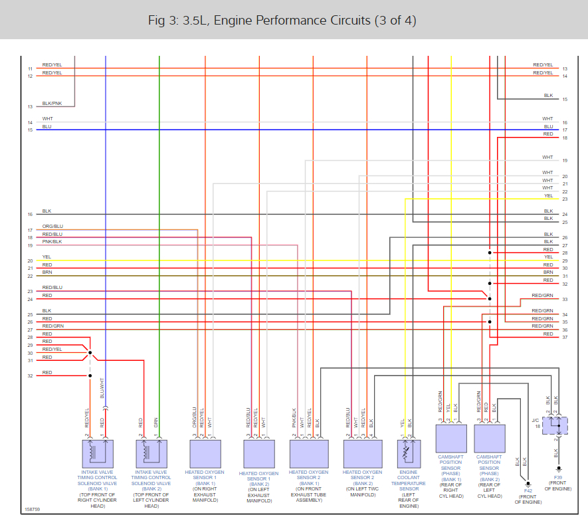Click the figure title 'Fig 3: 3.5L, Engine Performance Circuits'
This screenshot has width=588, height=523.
[282, 20]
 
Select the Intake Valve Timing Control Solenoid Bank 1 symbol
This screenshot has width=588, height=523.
[98, 453]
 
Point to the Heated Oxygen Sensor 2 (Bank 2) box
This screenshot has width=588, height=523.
[363, 453]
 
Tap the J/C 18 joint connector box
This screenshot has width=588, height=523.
[557, 425]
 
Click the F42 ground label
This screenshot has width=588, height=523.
[528, 490]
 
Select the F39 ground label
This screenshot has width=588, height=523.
[557, 478]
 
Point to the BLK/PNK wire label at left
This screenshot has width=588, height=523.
[52, 104]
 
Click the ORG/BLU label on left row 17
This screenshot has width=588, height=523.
[52, 227]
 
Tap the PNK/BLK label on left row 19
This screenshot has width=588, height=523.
[52, 243]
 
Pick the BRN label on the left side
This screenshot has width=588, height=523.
[47, 272]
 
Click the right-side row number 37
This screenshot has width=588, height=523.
[564, 338]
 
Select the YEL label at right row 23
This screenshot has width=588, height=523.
[548, 196]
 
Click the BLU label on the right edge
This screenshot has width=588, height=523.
[548, 127]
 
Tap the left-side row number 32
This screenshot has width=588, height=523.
[30, 376]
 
